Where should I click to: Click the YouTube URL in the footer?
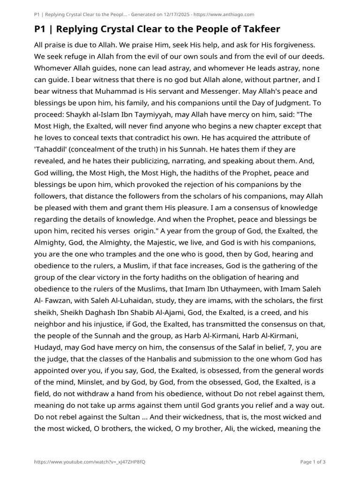[x=90, y=462]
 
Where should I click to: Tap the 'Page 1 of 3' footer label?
[x=313, y=462]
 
